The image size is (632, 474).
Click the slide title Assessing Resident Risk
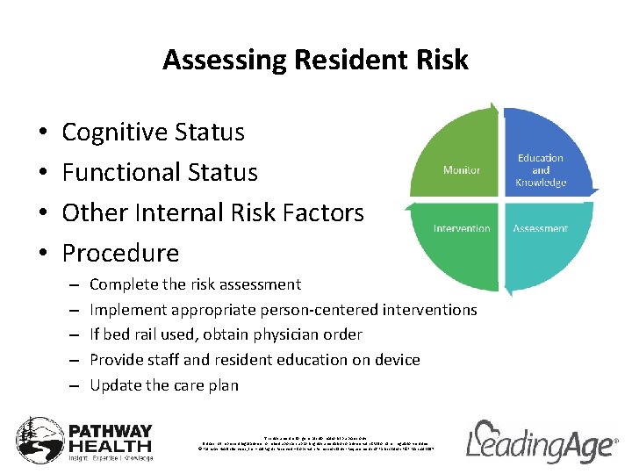315,60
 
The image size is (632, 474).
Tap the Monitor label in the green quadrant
461,169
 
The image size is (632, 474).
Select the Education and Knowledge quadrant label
541,170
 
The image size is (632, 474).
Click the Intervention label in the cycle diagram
461,228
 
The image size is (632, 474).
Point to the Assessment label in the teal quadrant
540,228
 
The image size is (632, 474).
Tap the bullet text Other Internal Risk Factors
212,213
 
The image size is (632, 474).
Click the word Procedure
120,254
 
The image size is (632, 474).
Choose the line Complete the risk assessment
195,284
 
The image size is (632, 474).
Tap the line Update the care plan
163,385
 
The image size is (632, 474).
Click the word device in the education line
397,360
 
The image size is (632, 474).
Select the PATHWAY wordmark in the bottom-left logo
111,432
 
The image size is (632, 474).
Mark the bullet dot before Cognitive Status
43,133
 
